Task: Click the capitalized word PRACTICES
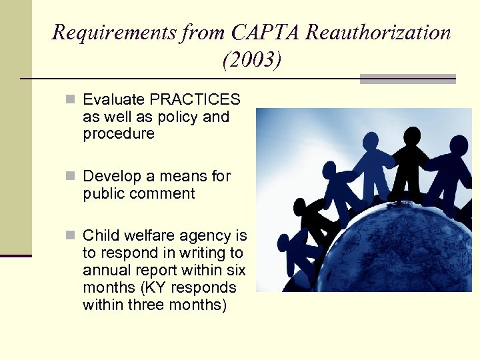195,100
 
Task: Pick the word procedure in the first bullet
118,134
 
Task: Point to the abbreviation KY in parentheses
165,288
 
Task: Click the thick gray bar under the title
407,79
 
